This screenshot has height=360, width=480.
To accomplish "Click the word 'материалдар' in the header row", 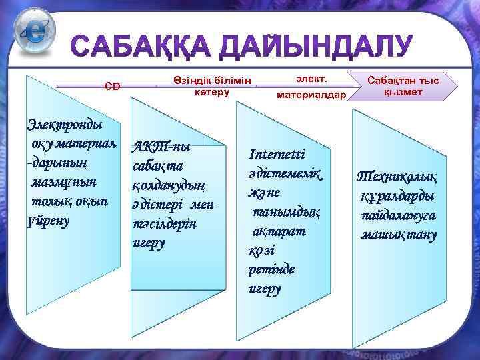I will pos(311,95).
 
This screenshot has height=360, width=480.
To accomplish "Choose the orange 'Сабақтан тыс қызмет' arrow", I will pos(403,86).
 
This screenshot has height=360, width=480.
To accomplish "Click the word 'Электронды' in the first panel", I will pos(64,124).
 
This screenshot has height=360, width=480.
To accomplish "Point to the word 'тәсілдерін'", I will pos(165,223).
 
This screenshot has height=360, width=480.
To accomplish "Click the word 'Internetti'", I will pos(277,155).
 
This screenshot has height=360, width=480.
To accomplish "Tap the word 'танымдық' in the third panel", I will pos(286,212).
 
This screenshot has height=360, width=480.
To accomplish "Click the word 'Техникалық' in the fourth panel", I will pos(397,177).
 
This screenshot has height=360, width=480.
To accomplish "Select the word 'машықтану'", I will pos(399,235).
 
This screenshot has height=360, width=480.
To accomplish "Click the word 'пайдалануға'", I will pos(399,216).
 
